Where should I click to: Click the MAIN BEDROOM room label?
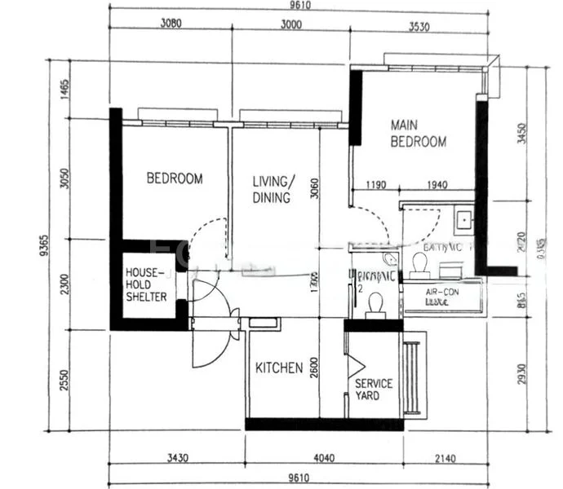tap(419, 134)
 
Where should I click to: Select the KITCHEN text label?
tap(279, 368)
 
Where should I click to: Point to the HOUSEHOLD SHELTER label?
tap(146, 284)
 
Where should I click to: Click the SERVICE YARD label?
tap(374, 389)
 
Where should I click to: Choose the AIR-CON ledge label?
tap(439, 295)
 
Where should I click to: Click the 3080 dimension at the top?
tap(171, 24)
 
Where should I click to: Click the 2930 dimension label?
tap(522, 375)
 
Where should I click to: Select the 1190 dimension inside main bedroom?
tap(375, 185)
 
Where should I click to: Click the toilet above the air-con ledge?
tap(421, 264)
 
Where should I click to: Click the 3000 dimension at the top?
tap(290, 24)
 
